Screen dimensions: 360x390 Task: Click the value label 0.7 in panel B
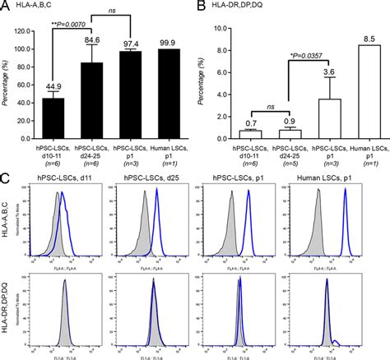(253, 123)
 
